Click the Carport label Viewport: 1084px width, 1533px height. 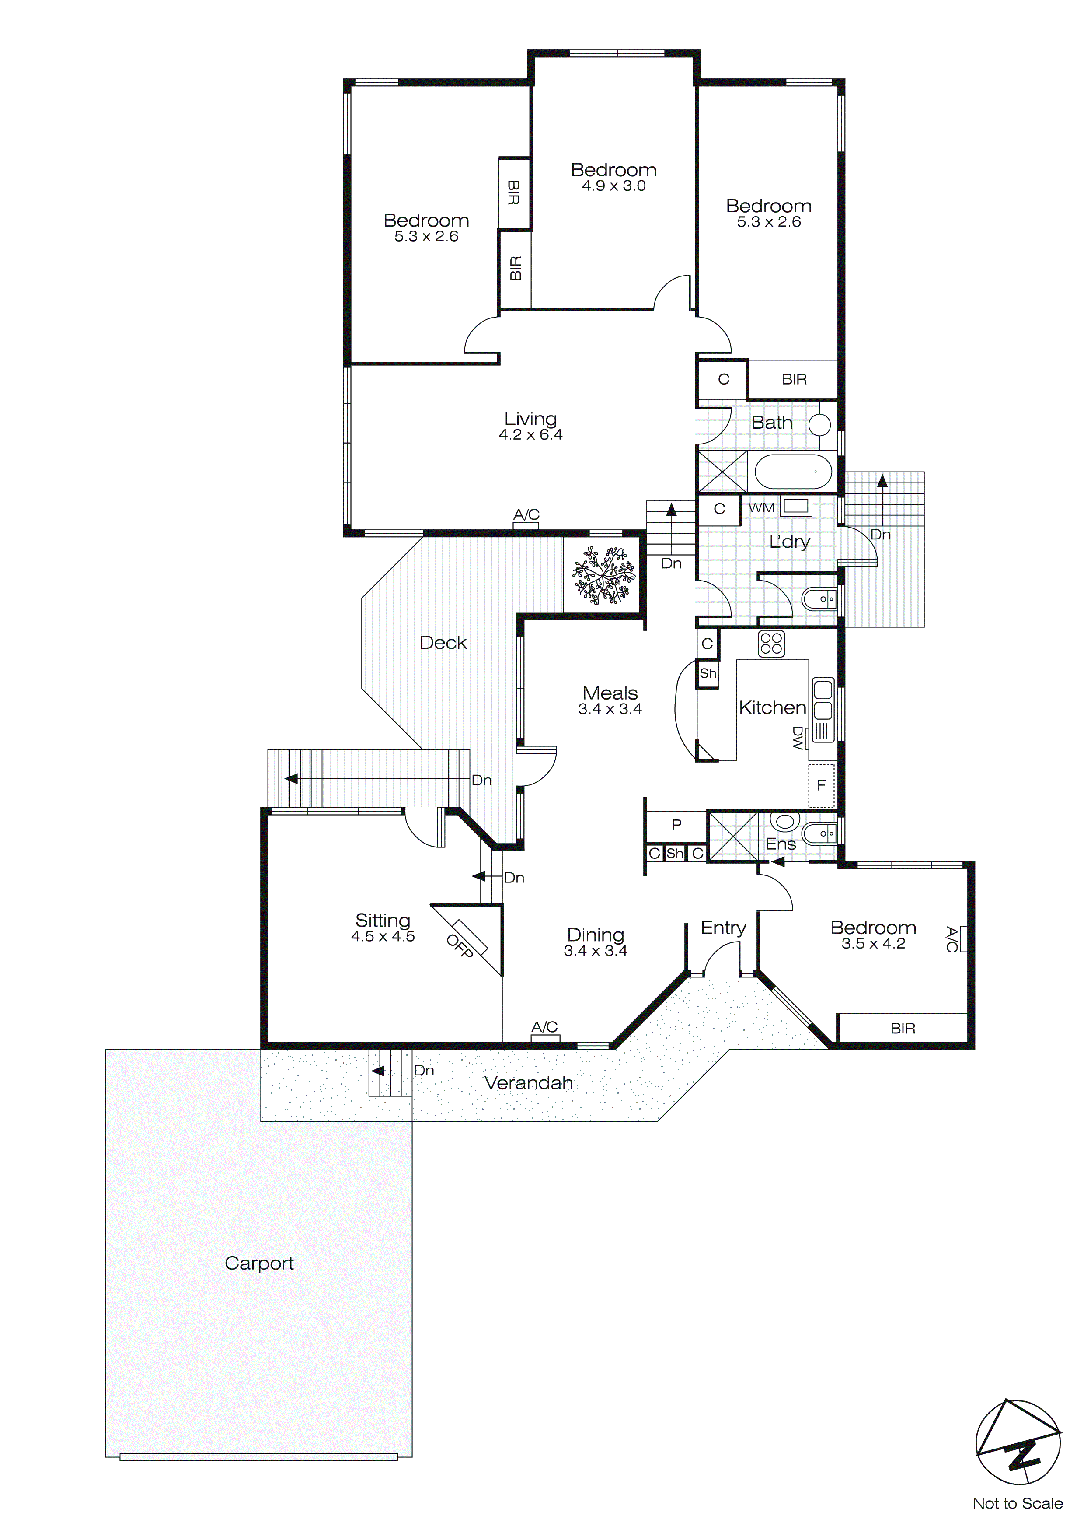(259, 1263)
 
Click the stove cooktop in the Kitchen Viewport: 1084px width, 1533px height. (771, 644)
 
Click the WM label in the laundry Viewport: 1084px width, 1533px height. (761, 507)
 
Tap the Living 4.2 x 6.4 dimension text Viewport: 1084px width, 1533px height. (531, 435)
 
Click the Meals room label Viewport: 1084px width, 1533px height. (610, 693)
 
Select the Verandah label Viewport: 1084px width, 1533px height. (529, 1083)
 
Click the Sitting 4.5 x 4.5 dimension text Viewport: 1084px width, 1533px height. (383, 937)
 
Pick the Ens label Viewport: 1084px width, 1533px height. (780, 844)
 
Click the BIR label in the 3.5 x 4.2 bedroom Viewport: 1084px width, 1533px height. (903, 1028)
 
